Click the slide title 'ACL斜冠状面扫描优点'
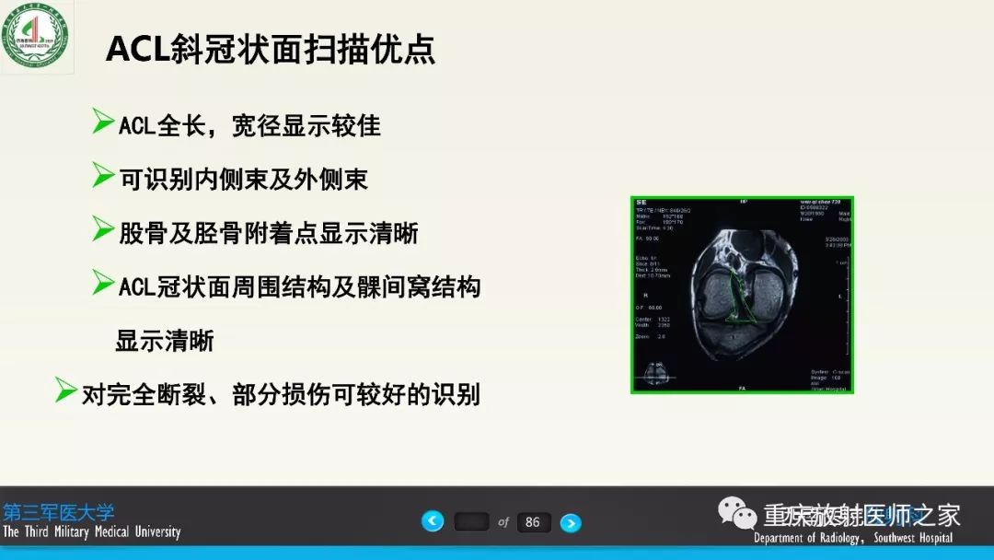[271, 49]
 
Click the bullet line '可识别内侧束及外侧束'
[244, 179]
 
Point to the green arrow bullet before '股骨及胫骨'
[103, 228]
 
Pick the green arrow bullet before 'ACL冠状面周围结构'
[103, 283]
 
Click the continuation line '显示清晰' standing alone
[165, 341]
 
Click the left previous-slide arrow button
[433, 521]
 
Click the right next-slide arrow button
[571, 522]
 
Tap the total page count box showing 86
[533, 522]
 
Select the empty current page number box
[471, 522]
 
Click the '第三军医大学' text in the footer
[59, 512]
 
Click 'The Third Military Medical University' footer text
[91, 532]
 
